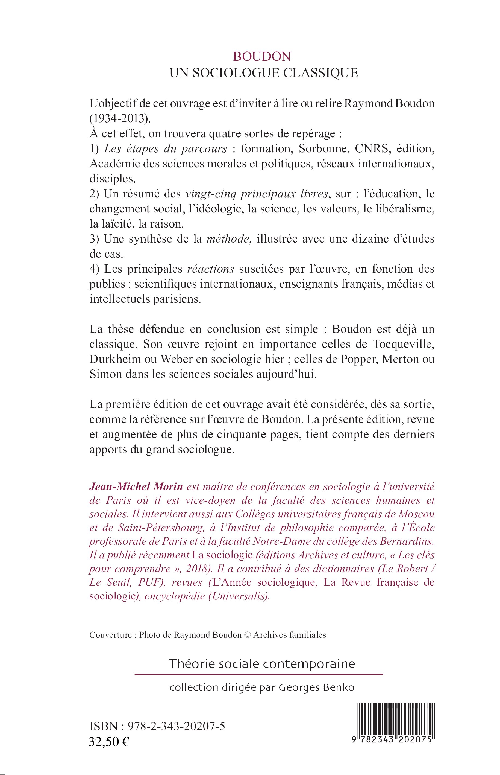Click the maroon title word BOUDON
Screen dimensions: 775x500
(262, 57)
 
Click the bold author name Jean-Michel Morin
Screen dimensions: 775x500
(136, 486)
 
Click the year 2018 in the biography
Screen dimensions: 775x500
(198, 569)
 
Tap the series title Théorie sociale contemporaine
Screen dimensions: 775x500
(262, 663)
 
